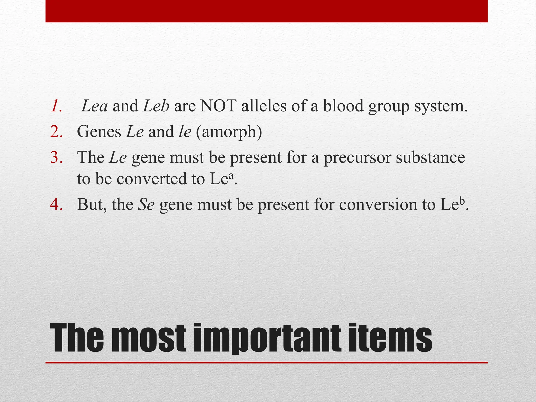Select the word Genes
tap(99, 131)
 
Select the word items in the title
tap(390, 338)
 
